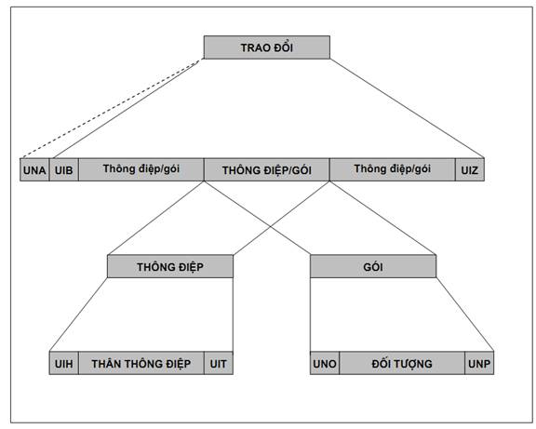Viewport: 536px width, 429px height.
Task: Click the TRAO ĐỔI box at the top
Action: point(267,47)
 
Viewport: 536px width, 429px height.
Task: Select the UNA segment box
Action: point(34,169)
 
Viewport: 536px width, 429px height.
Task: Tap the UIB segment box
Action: point(64,169)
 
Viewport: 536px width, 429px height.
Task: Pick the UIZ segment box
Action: point(470,169)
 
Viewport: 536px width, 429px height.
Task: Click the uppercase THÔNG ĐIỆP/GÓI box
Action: point(267,169)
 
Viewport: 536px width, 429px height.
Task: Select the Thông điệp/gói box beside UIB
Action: point(141,169)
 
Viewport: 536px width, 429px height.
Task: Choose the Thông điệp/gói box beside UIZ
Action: point(393,169)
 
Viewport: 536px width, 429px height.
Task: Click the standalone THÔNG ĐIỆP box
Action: point(170,266)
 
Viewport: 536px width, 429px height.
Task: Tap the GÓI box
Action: point(373,266)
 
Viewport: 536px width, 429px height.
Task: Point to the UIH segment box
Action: point(64,363)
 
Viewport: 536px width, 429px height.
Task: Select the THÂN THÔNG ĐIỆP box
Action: point(141,363)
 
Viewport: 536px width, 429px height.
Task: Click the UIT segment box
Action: point(219,363)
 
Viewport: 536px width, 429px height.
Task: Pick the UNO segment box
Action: point(325,363)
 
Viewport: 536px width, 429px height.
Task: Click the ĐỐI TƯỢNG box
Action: point(402,363)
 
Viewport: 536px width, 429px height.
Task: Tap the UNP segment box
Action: point(479,363)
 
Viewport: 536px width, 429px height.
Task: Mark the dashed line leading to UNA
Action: point(110,110)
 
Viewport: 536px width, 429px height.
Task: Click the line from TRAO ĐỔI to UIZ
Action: point(407,108)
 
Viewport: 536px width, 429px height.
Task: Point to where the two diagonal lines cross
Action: point(271,227)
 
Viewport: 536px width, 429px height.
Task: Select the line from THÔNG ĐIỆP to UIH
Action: point(78,315)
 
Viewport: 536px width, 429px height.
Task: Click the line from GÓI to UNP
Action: point(465,315)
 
